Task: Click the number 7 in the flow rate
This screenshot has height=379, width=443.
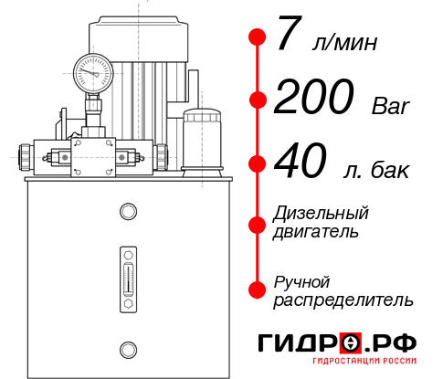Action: (289, 37)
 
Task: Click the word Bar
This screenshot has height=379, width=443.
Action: (392, 106)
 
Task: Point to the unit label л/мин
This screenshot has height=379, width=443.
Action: (344, 42)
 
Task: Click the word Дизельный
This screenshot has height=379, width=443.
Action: (322, 213)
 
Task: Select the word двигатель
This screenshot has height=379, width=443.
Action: (315, 231)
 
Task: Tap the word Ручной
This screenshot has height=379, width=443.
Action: (301, 280)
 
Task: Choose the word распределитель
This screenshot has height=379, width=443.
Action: (343, 300)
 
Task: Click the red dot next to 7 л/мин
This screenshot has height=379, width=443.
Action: (257, 37)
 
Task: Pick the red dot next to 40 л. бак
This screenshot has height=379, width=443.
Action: (257, 164)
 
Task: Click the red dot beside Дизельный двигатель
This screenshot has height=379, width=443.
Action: (257, 222)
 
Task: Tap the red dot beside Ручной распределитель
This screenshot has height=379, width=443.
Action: (257, 290)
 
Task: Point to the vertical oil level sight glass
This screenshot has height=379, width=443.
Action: (128, 273)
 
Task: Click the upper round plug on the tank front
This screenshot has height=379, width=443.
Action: (128, 212)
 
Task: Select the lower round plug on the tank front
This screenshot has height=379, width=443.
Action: (128, 347)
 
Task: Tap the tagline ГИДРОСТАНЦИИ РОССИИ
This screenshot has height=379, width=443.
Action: (362, 367)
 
